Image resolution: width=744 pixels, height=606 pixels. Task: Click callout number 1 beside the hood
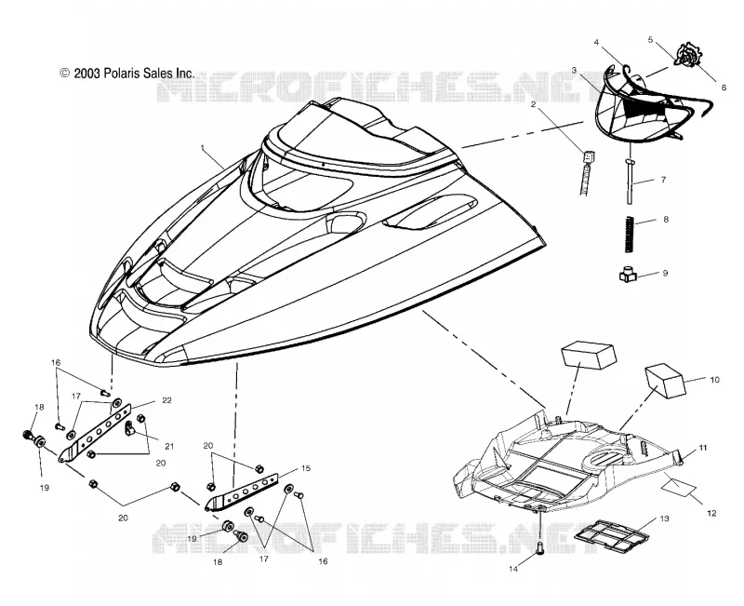(x=203, y=148)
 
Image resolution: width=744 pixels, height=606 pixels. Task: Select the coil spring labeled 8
(x=629, y=235)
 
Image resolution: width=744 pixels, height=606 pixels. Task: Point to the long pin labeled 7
(x=630, y=182)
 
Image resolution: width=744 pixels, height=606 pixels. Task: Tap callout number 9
(x=665, y=273)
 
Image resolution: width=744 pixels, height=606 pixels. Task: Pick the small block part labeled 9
(x=627, y=275)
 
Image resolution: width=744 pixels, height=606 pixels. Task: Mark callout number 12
(x=711, y=513)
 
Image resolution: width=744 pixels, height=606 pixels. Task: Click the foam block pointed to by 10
(x=665, y=381)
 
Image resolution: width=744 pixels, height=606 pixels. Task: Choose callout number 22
(x=166, y=400)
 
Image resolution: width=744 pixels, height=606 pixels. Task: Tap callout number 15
(x=306, y=468)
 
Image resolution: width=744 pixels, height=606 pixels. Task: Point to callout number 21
(x=169, y=446)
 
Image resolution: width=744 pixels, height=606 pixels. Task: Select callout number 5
(x=650, y=40)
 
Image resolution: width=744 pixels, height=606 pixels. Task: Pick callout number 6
(x=724, y=88)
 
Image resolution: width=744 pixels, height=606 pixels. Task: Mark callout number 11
(x=703, y=448)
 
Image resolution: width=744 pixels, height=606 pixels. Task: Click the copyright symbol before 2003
(x=65, y=73)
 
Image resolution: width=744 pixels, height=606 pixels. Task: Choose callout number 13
(x=664, y=518)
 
